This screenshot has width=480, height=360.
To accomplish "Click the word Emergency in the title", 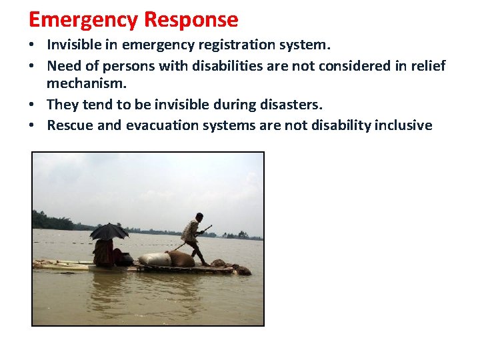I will pyautogui.click(x=83, y=20).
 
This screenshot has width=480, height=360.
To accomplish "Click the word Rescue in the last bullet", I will pyautogui.click(x=70, y=125).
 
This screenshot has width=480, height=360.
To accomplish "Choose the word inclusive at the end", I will pyautogui.click(x=403, y=125).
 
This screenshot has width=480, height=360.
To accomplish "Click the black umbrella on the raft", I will pyautogui.click(x=109, y=231).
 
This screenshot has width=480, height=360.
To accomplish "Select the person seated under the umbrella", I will pyautogui.click(x=103, y=253).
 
